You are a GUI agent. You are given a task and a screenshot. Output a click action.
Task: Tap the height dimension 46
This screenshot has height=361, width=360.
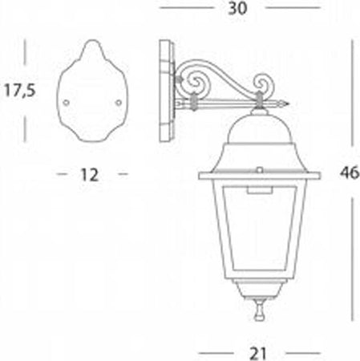coord(348,171)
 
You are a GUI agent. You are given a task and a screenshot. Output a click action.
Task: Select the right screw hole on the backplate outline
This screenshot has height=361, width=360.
coord(119,102)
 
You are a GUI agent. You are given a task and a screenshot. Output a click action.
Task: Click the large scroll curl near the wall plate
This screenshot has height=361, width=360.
coord(192,81)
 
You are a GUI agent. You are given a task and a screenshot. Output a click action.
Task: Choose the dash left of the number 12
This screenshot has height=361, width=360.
coord(62,172)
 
